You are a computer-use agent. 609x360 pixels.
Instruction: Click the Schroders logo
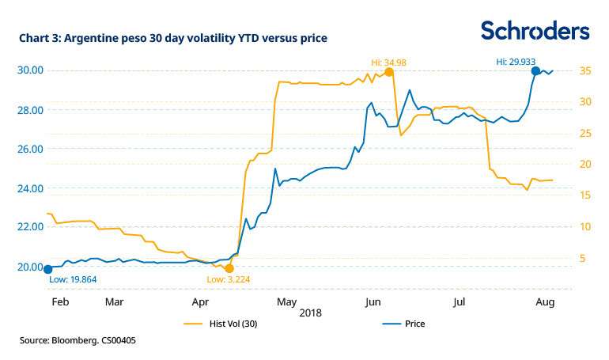(535, 30)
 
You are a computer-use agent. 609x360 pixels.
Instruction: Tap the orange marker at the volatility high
(389, 72)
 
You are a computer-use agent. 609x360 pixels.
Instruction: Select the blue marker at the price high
(535, 71)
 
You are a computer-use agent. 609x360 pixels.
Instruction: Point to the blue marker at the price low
(47, 269)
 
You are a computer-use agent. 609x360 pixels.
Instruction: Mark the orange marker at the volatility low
(229, 268)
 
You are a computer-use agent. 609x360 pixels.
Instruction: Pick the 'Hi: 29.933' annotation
(518, 60)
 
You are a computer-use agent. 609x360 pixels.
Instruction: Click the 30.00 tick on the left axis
(31, 70)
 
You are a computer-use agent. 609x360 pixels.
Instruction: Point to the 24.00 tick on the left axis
(31, 188)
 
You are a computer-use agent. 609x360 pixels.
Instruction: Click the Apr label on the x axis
(200, 302)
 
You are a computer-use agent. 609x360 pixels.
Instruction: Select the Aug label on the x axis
(543, 302)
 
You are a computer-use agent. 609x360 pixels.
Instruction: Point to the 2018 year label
(311, 313)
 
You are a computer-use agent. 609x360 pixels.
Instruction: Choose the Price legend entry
(404, 324)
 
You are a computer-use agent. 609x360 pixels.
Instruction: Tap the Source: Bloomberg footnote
(84, 341)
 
